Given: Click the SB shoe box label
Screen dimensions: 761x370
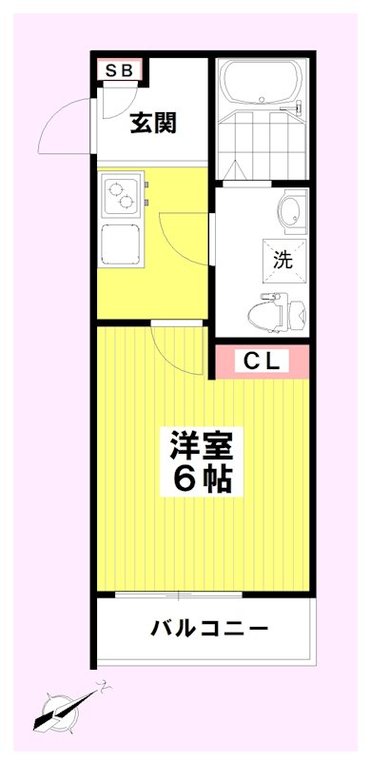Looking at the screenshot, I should [120, 68].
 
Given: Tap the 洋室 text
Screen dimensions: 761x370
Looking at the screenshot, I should [201, 444].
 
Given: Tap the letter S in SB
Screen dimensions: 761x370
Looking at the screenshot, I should [112, 68].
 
